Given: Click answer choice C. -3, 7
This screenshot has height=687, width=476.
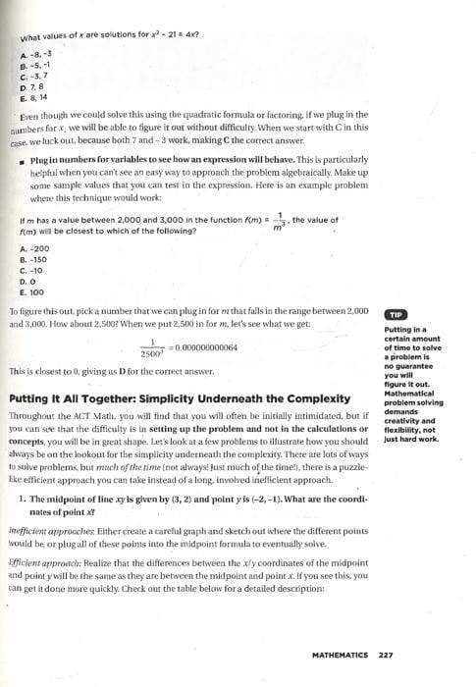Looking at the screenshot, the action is pyautogui.click(x=35, y=77).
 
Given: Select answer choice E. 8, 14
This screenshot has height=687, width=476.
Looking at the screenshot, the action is pyautogui.click(x=36, y=97).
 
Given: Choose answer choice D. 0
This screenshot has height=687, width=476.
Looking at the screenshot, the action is pyautogui.click(x=30, y=281).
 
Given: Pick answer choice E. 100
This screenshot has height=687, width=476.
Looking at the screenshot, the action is pyautogui.click(x=33, y=291).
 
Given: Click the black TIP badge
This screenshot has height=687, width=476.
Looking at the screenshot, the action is pyautogui.click(x=396, y=314).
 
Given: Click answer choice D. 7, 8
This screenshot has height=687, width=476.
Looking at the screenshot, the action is pyautogui.click(x=34, y=86).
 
